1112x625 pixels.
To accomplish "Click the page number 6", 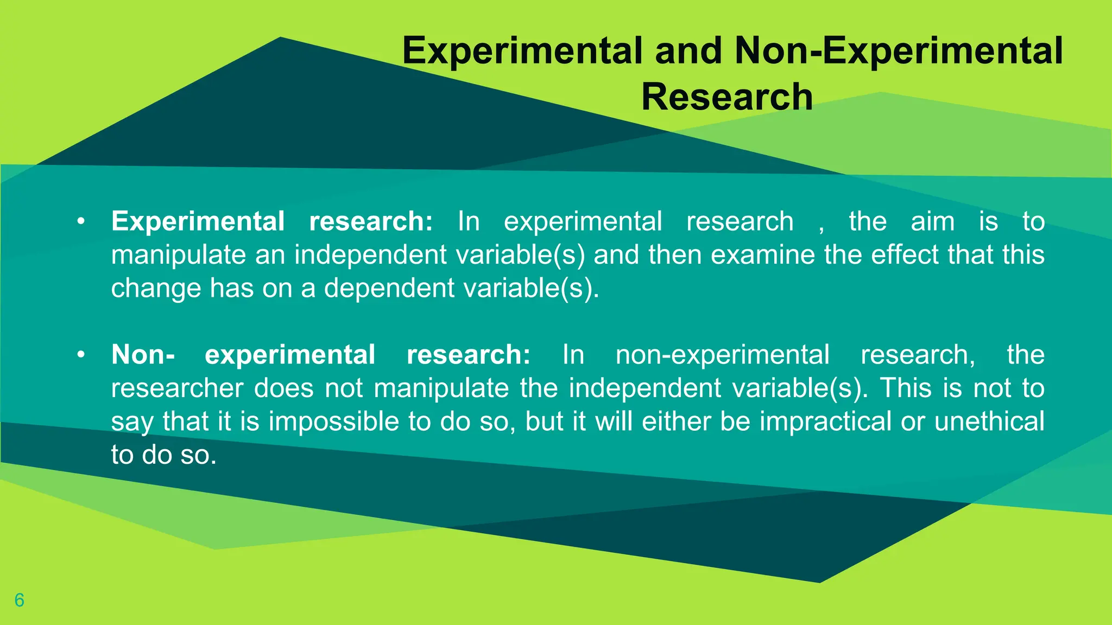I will tap(20, 600).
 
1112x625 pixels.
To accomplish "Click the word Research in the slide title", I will tap(727, 97).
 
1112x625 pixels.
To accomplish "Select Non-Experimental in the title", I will tap(898, 50).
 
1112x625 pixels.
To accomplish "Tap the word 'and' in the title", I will tap(688, 50).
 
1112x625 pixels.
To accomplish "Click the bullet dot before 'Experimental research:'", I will tap(81, 222).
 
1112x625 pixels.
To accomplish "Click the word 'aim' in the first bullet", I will tap(932, 221).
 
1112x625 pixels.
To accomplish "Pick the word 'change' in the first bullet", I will tap(156, 288).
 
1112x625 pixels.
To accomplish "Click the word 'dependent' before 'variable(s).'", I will tap(389, 288).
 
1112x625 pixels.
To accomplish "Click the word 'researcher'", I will tap(178, 388).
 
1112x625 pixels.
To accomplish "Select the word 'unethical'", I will tap(989, 422).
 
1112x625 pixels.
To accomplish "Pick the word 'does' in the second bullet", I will tap(284, 388).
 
